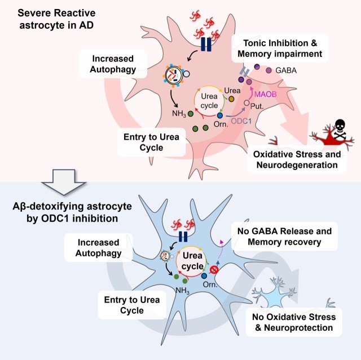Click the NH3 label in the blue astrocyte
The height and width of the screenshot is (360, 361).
(x=182, y=290)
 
